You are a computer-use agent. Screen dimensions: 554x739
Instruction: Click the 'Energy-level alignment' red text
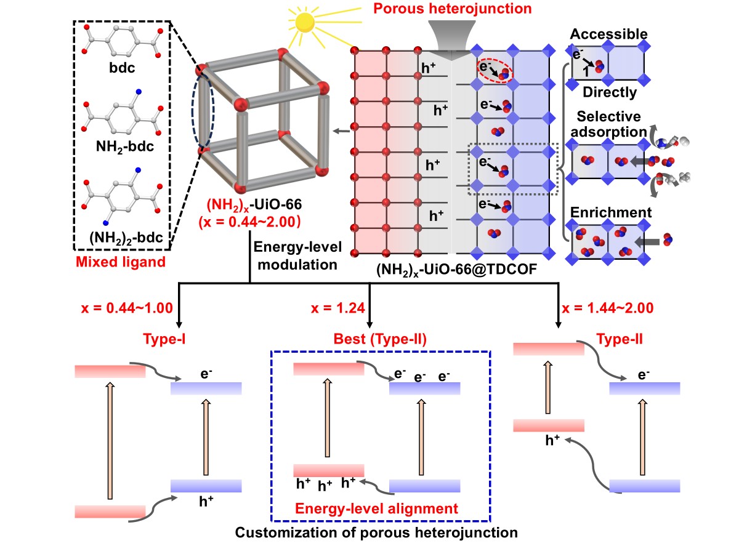tap(377, 509)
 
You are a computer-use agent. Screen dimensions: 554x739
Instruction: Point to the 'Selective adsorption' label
tap(609, 123)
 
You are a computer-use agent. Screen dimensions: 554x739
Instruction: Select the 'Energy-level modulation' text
tap(296, 256)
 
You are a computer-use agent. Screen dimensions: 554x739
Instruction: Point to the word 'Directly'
tap(608, 93)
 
